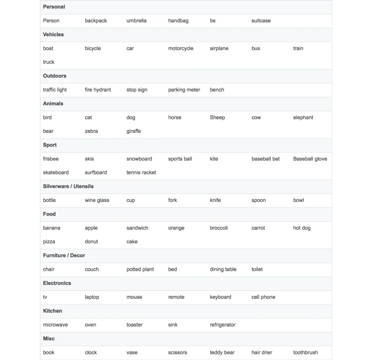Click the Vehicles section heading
coord(53,35)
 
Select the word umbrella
coord(136,21)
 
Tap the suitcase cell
coord(261,21)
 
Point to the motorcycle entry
coord(180,48)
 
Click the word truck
coord(49,62)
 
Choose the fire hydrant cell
coord(98,90)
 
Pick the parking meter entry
coord(184,90)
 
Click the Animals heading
coord(53,104)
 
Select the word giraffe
coord(134,131)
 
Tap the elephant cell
coord(303,117)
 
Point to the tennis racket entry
coord(141,172)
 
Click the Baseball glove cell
coord(310,159)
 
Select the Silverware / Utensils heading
coord(68,186)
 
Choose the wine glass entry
coord(97,200)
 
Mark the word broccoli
coord(219,228)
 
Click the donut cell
coord(91,241)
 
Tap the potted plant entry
coord(140,269)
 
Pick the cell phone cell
coord(263,297)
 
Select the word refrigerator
coord(222,325)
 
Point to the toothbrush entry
coord(305,353)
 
